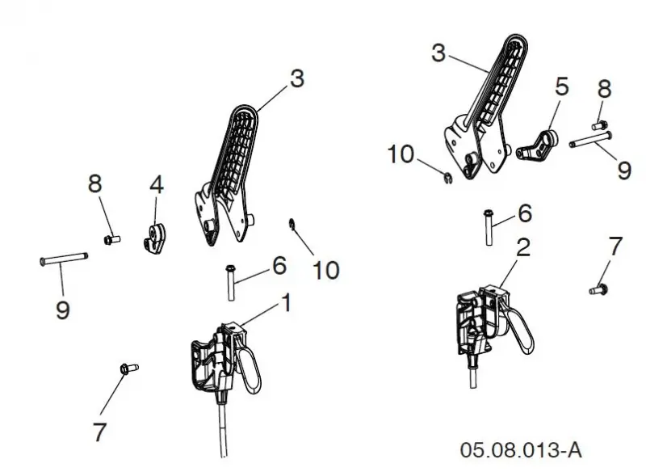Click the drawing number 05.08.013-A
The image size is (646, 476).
[x=521, y=449]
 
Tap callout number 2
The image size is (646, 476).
[x=522, y=247]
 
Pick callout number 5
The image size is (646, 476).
[x=562, y=86]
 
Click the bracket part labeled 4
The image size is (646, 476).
[x=155, y=238]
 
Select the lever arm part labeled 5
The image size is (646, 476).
[x=537, y=146]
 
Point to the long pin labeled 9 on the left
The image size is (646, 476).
[x=64, y=259]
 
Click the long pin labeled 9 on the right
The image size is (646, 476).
[x=590, y=139]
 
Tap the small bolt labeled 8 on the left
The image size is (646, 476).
[x=111, y=239]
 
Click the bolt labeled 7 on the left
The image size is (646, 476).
[x=129, y=368]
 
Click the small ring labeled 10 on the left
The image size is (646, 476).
[x=292, y=223]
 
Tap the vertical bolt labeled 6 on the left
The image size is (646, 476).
[x=231, y=282]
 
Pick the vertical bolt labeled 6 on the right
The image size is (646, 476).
[x=489, y=227]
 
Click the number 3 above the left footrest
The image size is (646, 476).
[x=297, y=78]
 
